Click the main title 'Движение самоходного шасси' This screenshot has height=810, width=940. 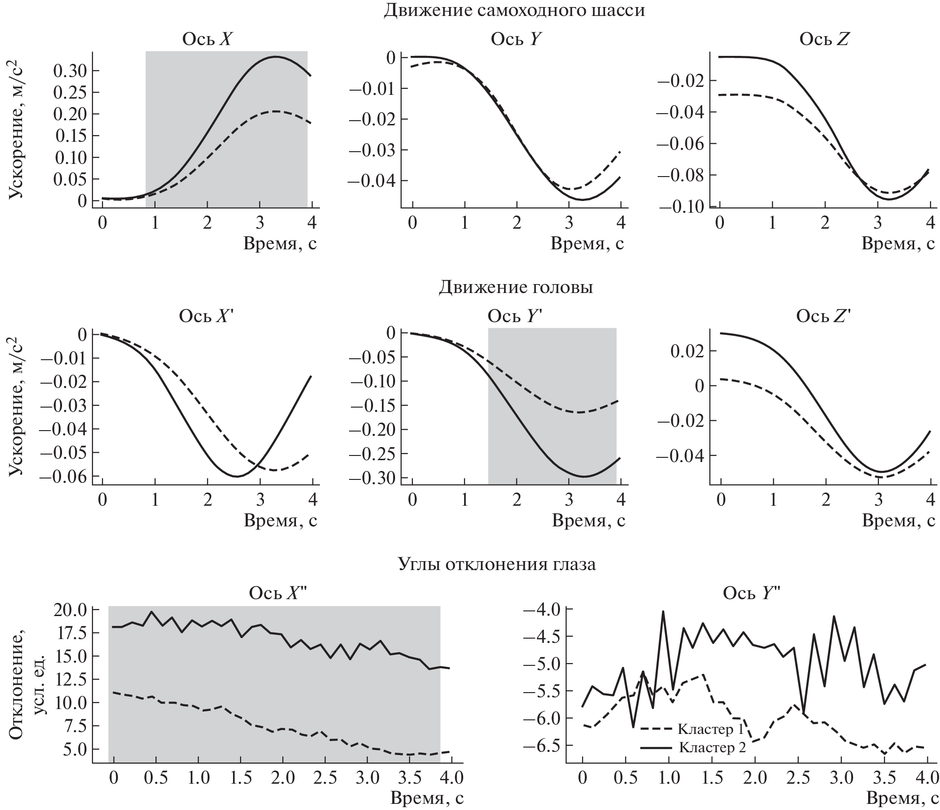[514, 10]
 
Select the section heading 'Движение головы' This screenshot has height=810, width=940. [515, 287]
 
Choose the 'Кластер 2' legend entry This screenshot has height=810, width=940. [712, 747]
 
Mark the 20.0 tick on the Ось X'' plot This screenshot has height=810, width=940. [70, 610]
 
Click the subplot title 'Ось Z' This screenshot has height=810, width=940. [824, 39]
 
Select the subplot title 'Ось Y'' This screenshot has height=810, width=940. [515, 316]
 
